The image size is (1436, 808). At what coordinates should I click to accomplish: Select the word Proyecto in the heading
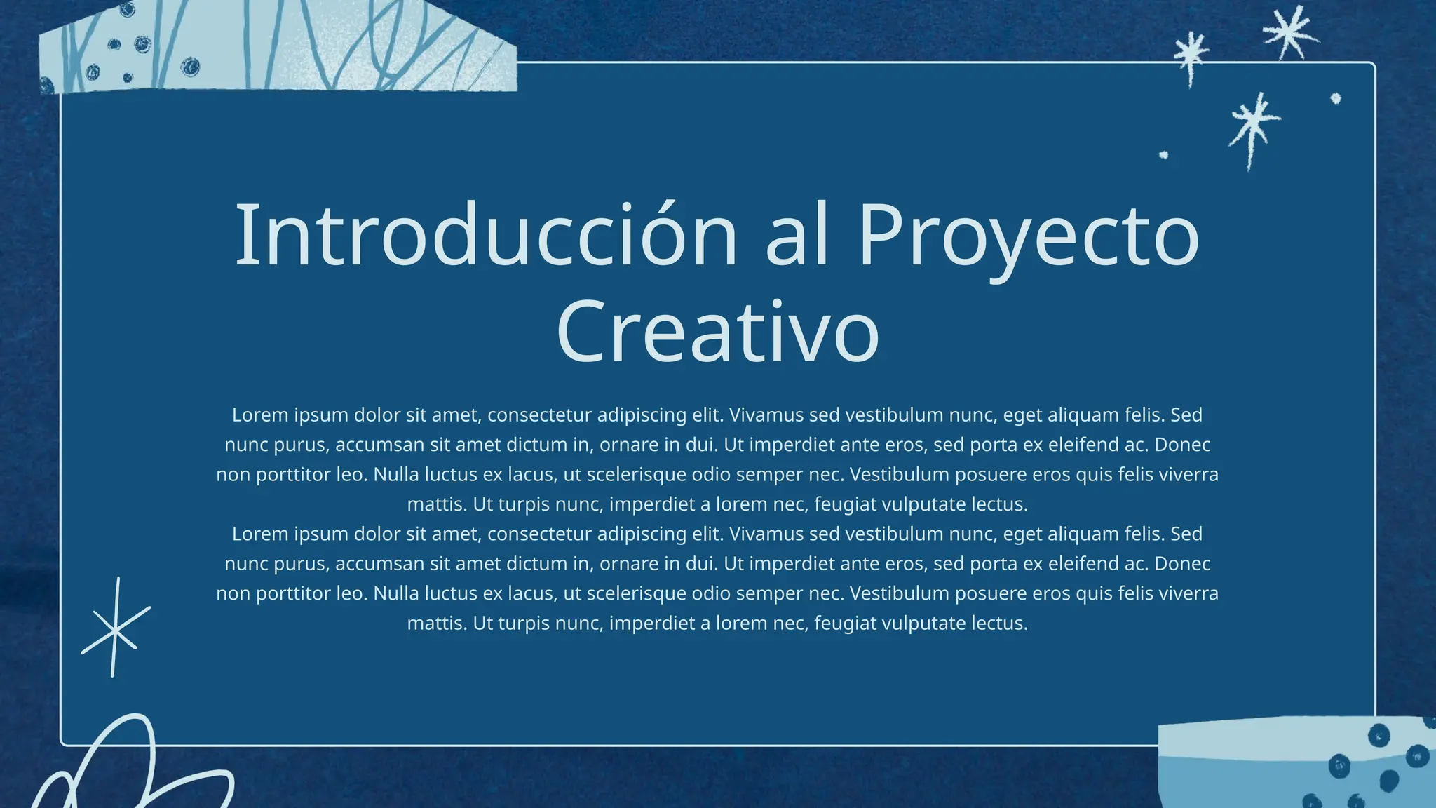click(x=1029, y=237)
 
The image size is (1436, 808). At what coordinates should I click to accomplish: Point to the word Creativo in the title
click(x=717, y=332)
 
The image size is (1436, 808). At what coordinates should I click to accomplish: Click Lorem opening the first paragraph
click(x=260, y=415)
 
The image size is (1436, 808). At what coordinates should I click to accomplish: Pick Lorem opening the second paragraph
click(x=260, y=534)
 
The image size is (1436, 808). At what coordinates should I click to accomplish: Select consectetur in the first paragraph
click(x=539, y=415)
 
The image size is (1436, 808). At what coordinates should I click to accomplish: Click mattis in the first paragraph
click(x=437, y=504)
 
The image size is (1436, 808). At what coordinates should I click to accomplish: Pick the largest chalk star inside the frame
click(x=1253, y=124)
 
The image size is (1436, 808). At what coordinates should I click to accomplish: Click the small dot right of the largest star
click(x=1336, y=99)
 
